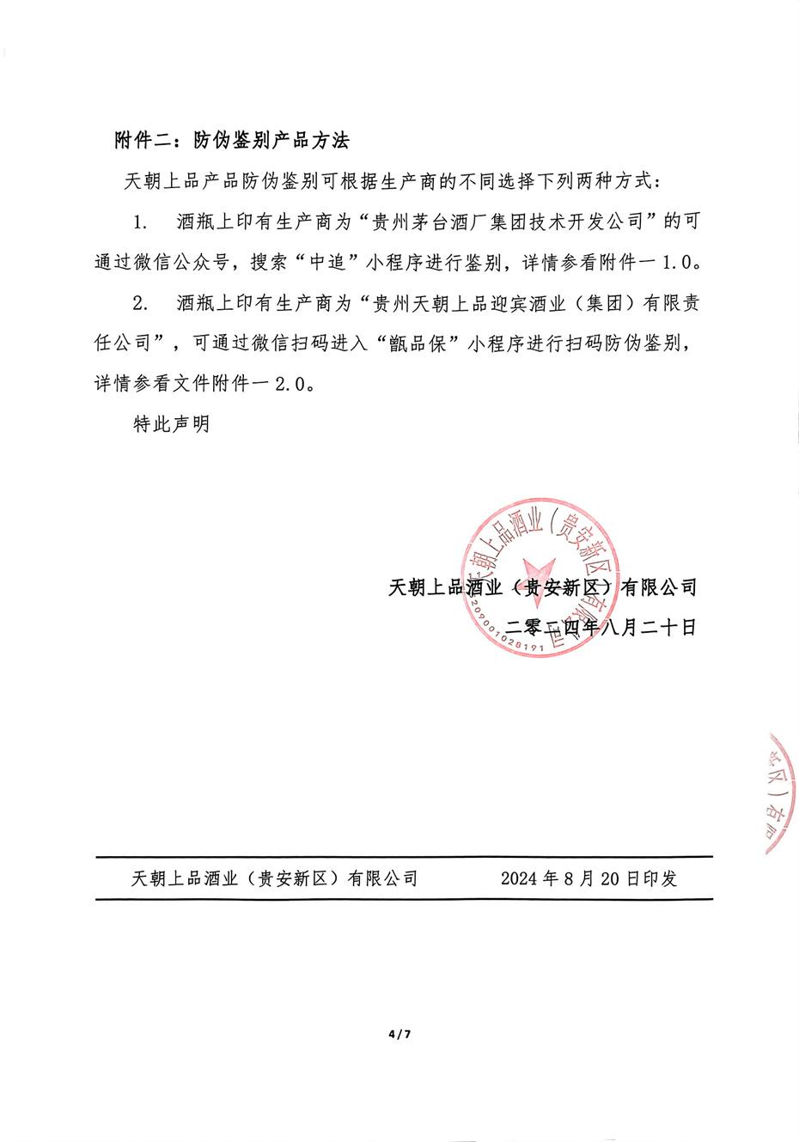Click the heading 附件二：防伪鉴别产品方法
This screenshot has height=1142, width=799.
[232, 141]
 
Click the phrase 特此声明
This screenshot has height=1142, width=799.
[171, 424]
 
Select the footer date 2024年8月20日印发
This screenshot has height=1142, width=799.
[589, 878]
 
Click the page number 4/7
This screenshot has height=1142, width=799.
[400, 1035]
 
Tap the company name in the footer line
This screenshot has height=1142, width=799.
[275, 878]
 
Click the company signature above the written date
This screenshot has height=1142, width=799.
[542, 587]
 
